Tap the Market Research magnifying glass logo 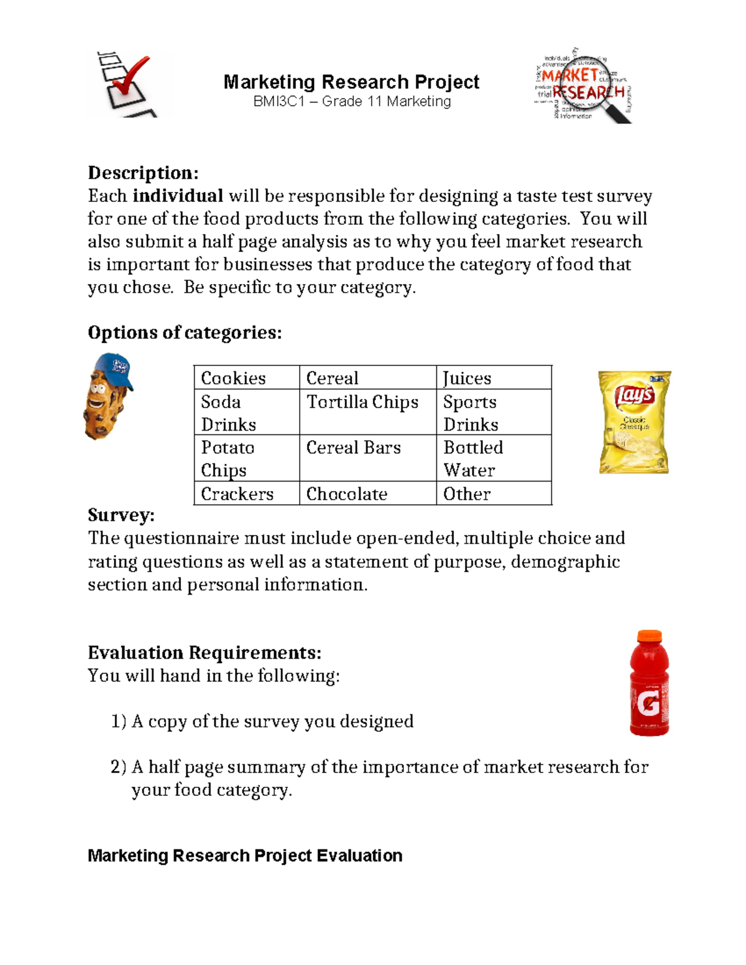(x=583, y=86)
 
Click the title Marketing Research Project (x=351, y=82)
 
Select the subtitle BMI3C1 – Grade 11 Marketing (x=352, y=101)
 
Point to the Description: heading (x=143, y=173)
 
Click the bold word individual (x=178, y=196)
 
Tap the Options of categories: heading (x=185, y=332)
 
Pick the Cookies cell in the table (x=234, y=378)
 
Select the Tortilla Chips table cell (x=362, y=402)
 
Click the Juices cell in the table (x=467, y=378)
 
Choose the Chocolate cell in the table (x=347, y=494)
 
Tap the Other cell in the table (x=467, y=494)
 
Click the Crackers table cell (x=237, y=494)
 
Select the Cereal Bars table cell (x=354, y=447)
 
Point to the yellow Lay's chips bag (x=634, y=423)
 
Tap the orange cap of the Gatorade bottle (x=649, y=636)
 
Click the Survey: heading (x=121, y=515)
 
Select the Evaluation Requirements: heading (x=205, y=652)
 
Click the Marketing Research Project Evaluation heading (x=245, y=856)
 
